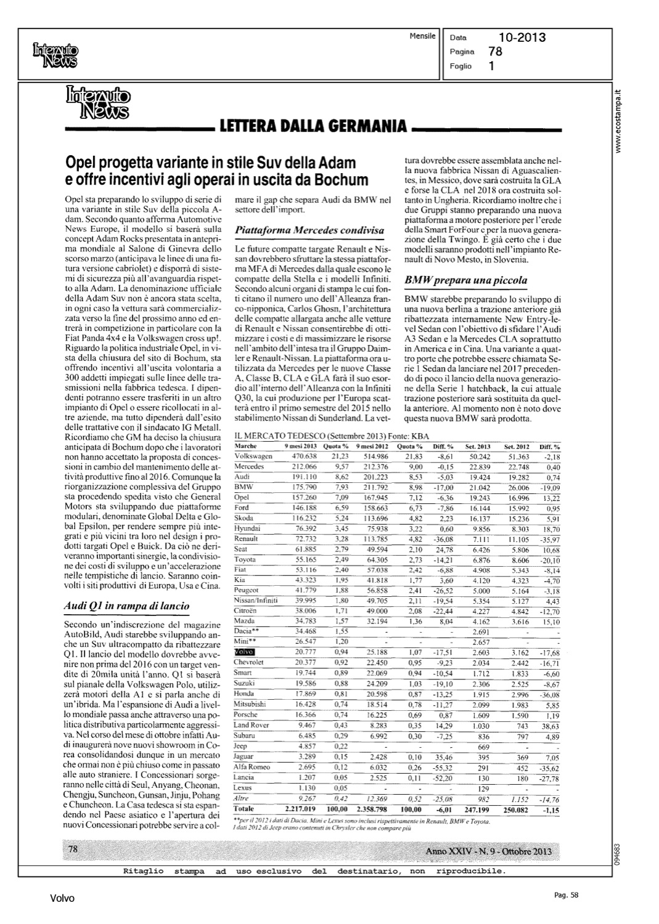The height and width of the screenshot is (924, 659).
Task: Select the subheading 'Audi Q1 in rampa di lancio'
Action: tap(127, 606)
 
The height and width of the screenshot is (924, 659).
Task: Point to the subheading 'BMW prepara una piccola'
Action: tap(465, 280)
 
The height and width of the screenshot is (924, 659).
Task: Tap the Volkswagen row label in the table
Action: tap(254, 456)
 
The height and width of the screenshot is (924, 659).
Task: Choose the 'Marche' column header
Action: tap(246, 446)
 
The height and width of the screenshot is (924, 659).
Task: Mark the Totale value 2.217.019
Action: tap(300, 808)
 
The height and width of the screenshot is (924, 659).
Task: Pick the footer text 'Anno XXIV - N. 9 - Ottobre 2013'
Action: tap(488, 851)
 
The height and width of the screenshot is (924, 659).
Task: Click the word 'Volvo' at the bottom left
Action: tap(62, 899)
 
